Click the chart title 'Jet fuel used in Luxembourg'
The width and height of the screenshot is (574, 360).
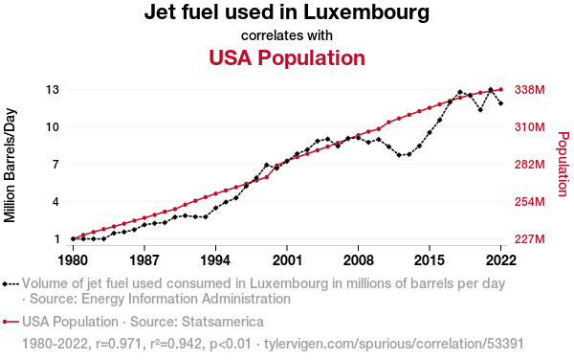[x=287, y=12]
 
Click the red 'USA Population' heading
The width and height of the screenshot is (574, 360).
[x=287, y=57]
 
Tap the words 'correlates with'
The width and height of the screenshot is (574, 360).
[x=287, y=35]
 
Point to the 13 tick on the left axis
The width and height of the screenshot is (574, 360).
[x=53, y=89]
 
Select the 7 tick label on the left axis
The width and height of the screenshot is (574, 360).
[x=55, y=165]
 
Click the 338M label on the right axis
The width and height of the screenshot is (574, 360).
[x=530, y=89]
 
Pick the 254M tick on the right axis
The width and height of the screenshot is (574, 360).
[x=530, y=202]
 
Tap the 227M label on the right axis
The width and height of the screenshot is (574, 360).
[x=530, y=239]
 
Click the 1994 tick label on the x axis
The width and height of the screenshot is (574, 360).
[x=215, y=260]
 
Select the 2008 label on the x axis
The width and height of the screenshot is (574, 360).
[x=358, y=260]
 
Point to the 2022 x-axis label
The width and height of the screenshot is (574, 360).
[x=500, y=260]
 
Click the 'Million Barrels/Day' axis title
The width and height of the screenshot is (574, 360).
[x=10, y=166]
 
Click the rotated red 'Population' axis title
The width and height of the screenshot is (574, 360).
[x=563, y=165]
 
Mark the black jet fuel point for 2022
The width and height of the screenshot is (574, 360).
[x=500, y=103]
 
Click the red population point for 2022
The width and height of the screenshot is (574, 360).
[x=500, y=89]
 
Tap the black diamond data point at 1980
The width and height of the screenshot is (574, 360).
[x=74, y=238]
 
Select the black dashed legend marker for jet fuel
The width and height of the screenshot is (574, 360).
[x=11, y=283]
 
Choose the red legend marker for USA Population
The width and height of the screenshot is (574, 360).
[x=11, y=322]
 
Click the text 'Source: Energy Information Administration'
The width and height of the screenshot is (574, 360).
[x=161, y=299]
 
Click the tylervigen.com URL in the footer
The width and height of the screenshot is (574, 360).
[x=394, y=344]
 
